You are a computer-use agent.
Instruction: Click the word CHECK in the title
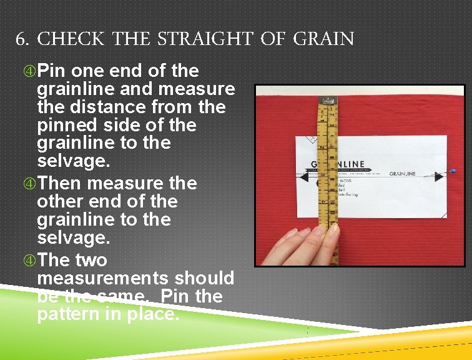(71, 40)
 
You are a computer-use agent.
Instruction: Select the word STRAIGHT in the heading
(203, 40)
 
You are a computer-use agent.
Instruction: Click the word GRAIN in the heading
(323, 40)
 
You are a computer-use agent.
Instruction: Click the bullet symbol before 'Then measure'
(29, 184)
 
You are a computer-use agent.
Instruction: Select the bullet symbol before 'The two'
(29, 260)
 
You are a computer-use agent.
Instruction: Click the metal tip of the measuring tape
(326, 99)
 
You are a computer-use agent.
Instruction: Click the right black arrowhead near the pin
(439, 176)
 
